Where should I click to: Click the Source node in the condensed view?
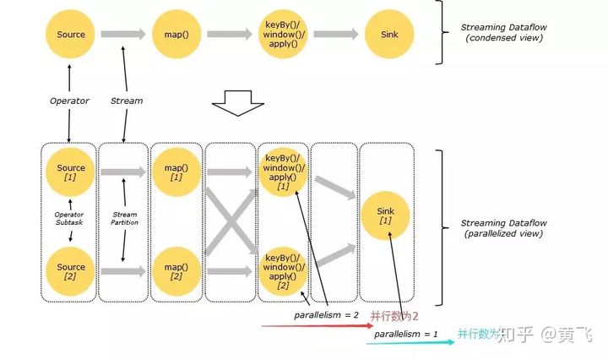tap(71, 35)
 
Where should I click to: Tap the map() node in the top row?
tap(176, 35)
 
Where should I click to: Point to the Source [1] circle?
tap(71, 172)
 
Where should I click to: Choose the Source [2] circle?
tap(71, 271)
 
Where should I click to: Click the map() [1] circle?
tap(176, 172)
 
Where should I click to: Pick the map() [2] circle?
tap(176, 271)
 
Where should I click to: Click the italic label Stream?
tap(127, 100)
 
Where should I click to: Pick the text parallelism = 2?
tap(322, 315)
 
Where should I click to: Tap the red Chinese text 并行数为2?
tap(395, 315)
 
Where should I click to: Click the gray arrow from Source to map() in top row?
tap(123, 35)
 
